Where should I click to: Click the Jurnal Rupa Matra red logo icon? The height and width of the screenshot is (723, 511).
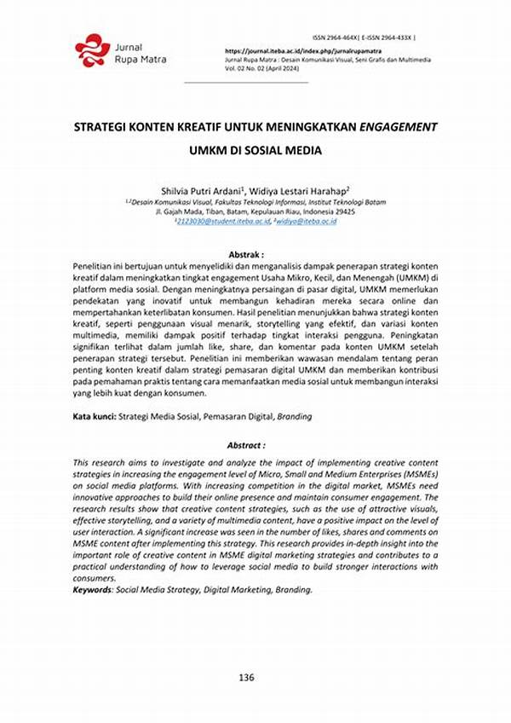pyautogui.click(x=92, y=50)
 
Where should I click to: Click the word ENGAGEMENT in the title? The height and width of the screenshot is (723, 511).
pyautogui.click(x=398, y=126)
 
